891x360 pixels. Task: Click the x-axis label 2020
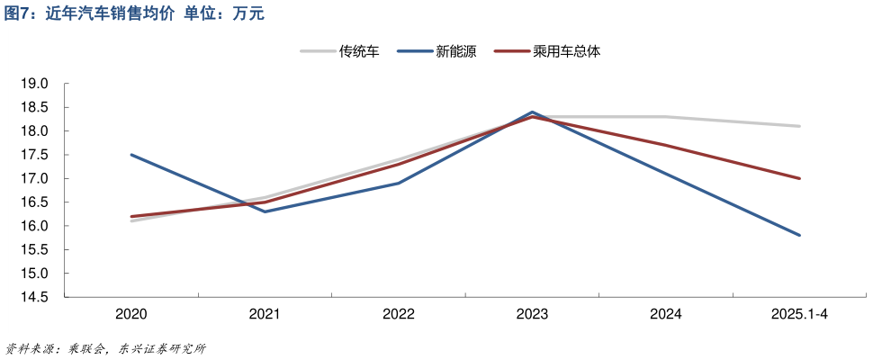tap(131, 314)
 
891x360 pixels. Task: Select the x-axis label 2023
tap(532, 314)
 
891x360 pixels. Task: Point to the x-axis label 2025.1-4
tap(799, 314)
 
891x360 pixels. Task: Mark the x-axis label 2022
tap(399, 314)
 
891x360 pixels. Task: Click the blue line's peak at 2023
tap(532, 112)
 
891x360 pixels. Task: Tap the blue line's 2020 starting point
tap(131, 155)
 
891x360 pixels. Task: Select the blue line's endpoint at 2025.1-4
tap(799, 235)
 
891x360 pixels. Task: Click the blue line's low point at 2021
tap(265, 211)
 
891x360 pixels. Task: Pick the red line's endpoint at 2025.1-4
tap(799, 178)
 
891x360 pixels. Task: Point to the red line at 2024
tap(666, 145)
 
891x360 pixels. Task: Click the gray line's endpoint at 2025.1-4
tap(799, 126)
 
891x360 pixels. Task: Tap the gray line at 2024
tap(666, 117)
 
